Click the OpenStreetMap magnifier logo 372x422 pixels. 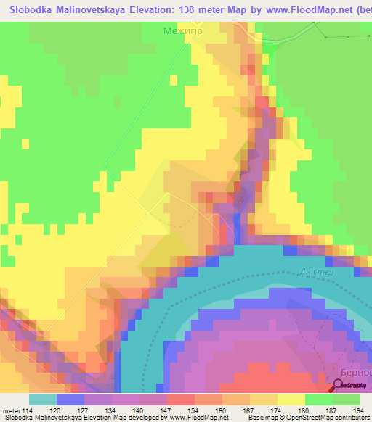tap(341, 387)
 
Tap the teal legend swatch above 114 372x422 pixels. tap(43, 400)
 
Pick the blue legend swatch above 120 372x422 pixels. tap(70, 400)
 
